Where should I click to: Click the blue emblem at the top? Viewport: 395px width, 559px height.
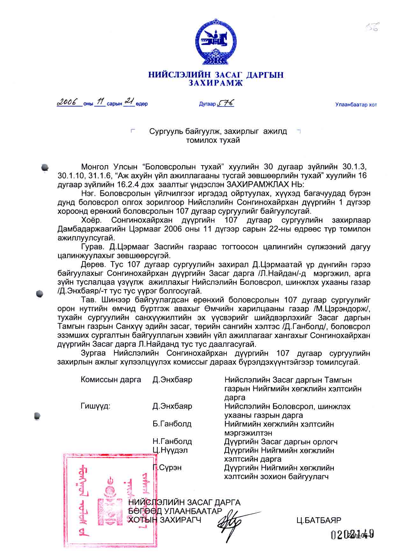tap(216, 42)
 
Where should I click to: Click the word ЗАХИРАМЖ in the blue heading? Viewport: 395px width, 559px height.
tap(216, 83)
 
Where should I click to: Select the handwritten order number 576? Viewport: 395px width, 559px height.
tap(226, 103)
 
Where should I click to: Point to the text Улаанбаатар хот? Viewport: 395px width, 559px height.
tap(356, 105)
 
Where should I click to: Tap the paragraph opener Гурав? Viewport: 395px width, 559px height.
tap(93, 247)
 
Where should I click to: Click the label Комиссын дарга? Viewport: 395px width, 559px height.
tap(111, 380)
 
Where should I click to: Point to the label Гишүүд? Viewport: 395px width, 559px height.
tap(96, 406)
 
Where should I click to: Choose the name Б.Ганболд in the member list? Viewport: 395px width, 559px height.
tap(172, 424)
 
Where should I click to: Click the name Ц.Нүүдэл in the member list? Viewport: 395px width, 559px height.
tap(170, 450)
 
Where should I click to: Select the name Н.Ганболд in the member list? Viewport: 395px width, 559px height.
tap(172, 442)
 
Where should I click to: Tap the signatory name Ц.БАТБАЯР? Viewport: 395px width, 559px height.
tap(319, 520)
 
